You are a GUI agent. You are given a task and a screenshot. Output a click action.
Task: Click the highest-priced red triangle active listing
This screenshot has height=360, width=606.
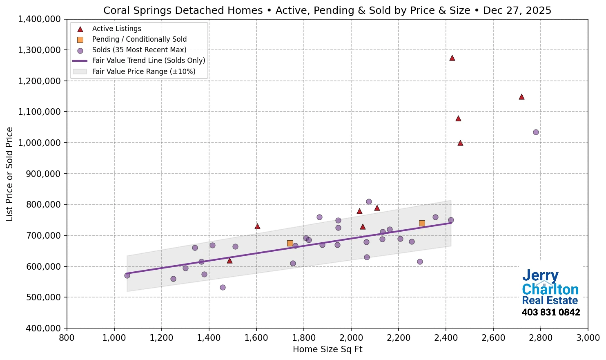(x=452, y=58)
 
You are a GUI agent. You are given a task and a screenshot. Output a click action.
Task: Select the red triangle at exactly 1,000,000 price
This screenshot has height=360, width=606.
(x=460, y=143)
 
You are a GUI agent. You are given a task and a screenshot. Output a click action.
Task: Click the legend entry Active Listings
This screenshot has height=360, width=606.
(x=116, y=29)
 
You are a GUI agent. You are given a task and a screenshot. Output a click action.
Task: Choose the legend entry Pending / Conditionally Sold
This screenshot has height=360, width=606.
(x=139, y=39)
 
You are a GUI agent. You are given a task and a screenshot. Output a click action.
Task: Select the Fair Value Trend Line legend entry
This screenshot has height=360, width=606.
(x=148, y=60)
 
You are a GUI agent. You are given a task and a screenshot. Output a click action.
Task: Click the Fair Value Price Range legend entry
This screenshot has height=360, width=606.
(x=144, y=72)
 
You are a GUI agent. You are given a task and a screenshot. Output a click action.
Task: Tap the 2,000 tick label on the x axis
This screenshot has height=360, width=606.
(x=351, y=338)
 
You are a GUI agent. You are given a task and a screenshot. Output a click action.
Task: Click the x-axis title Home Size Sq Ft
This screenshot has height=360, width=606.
(x=328, y=349)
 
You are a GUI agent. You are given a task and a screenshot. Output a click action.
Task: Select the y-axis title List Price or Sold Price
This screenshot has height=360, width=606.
(x=9, y=174)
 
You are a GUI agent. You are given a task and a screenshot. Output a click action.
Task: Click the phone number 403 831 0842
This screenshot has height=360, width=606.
(x=551, y=313)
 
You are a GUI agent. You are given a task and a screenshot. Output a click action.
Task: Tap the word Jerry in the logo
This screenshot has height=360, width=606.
(x=540, y=276)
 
